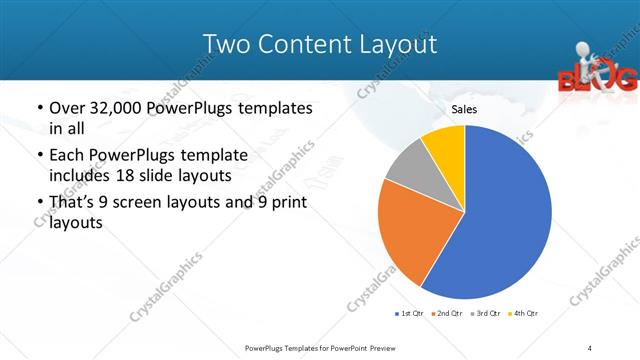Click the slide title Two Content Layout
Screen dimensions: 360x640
click(319, 44)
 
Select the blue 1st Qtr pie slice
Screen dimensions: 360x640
click(500, 220)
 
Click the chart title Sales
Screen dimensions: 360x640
click(463, 109)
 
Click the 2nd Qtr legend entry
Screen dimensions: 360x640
click(446, 314)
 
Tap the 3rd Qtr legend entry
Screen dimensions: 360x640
click(485, 314)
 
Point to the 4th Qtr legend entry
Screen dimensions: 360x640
click(523, 314)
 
